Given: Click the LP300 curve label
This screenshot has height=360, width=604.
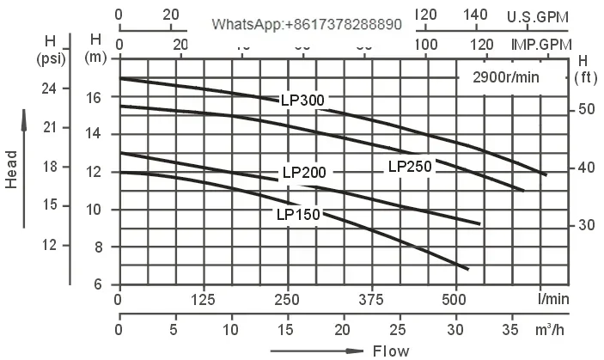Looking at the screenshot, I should [302, 101].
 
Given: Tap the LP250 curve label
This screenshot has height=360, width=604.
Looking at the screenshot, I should [410, 167].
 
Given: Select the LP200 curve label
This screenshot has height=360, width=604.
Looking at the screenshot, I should [304, 172].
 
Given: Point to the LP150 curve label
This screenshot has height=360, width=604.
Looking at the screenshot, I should [297, 214].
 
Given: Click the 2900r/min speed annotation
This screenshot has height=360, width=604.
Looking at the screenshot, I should [506, 76].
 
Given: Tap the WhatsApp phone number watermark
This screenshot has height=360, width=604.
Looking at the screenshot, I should [307, 25].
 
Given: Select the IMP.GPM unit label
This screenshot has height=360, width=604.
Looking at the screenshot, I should [541, 45].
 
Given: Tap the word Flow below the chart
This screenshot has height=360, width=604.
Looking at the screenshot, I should [391, 351].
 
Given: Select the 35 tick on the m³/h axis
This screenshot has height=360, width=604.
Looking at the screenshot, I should [513, 330].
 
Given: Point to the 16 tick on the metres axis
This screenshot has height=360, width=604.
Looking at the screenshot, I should [95, 97].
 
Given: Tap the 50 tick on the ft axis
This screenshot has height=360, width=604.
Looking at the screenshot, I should [586, 109].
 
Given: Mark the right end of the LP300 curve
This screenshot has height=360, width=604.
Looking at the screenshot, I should [545, 174].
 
